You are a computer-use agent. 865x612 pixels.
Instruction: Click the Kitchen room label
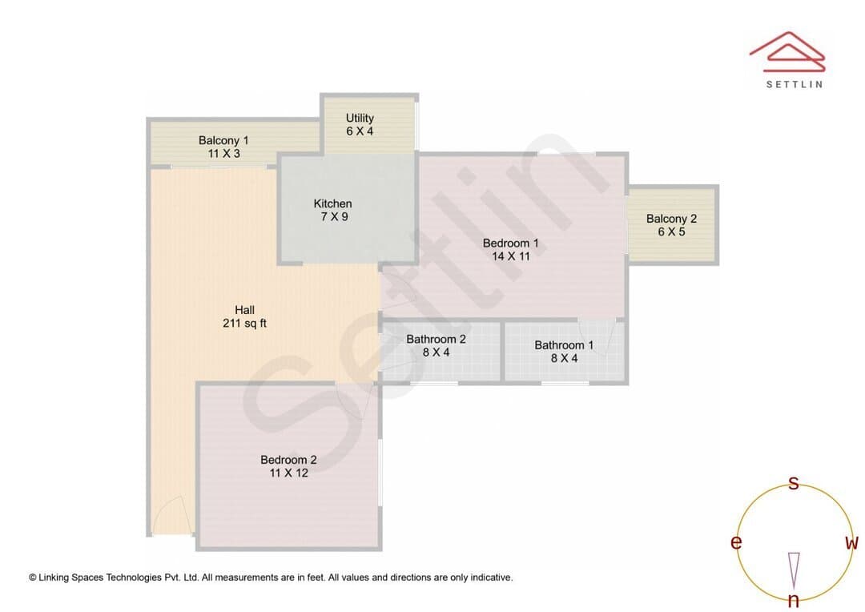(x=332, y=203)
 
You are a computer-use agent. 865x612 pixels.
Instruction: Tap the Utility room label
(x=360, y=118)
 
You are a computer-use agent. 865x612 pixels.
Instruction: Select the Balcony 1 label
(x=223, y=141)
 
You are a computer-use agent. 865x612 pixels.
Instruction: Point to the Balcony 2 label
(x=671, y=219)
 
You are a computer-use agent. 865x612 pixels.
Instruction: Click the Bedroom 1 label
(x=510, y=244)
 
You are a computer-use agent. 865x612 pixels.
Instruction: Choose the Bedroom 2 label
(x=288, y=460)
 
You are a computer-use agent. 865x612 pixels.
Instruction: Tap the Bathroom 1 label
(x=564, y=345)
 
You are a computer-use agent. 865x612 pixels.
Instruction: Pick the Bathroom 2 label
(x=436, y=340)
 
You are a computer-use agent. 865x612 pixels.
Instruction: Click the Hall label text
(x=244, y=310)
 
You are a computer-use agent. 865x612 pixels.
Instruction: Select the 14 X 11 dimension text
(x=511, y=256)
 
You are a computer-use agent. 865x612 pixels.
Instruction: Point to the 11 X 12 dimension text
(x=288, y=473)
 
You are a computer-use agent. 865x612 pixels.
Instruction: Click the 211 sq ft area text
(x=244, y=324)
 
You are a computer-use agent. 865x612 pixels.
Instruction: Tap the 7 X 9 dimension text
(x=334, y=217)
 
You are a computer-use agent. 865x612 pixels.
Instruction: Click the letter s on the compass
(x=793, y=483)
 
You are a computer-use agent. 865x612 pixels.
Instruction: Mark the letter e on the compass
(x=736, y=542)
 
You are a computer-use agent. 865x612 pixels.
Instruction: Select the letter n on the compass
(x=793, y=599)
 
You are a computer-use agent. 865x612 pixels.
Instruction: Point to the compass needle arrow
(x=794, y=570)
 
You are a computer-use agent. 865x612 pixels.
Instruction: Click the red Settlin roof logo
(x=787, y=52)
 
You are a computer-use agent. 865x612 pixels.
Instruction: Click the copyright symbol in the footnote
(x=33, y=578)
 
